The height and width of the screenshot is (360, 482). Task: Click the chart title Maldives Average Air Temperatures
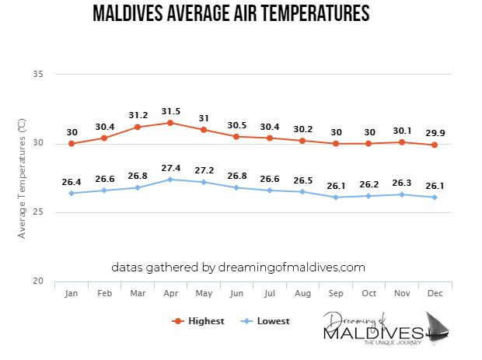(x=230, y=14)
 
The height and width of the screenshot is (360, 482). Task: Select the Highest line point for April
(x=171, y=123)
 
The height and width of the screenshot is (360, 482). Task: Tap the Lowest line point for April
(x=171, y=180)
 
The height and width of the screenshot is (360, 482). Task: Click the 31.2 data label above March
(x=138, y=113)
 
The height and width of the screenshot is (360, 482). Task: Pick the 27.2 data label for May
(x=204, y=169)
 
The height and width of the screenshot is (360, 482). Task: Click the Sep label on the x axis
(x=336, y=294)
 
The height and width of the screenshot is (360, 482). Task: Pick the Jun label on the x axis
(x=237, y=294)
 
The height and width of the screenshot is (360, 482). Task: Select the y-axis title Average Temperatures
(x=22, y=177)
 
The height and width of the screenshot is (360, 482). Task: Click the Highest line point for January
(x=72, y=144)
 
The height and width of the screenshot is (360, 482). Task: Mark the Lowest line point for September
(x=336, y=197)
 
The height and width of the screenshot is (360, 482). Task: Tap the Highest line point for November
(x=402, y=142)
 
